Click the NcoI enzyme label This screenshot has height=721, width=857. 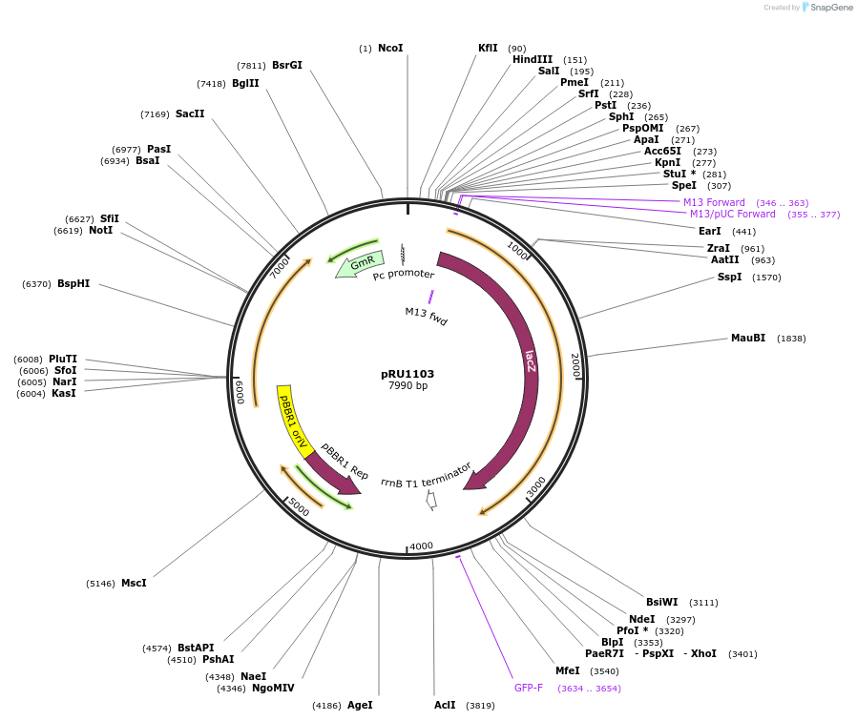coord(390,48)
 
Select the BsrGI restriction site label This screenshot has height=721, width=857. coord(286,65)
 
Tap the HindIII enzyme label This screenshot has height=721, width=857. coord(533,59)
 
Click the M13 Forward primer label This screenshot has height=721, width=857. coord(714,202)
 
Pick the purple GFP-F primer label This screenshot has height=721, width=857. coord(528,688)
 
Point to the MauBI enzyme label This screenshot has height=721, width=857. coord(748,338)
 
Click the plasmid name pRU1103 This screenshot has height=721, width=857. coord(408,374)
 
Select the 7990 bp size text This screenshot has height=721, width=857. coord(408,385)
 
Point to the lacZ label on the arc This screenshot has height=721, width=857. coord(530,360)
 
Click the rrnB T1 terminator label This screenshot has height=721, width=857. coord(426,475)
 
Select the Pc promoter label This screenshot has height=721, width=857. coord(403,275)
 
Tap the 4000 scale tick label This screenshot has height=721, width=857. coord(421,546)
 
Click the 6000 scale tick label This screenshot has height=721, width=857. coord(240,392)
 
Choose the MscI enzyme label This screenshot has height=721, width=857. coord(134,583)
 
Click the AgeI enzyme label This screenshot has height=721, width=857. coord(360,705)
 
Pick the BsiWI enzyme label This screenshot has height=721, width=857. coord(661,602)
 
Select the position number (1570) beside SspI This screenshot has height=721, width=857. coord(766,278)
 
